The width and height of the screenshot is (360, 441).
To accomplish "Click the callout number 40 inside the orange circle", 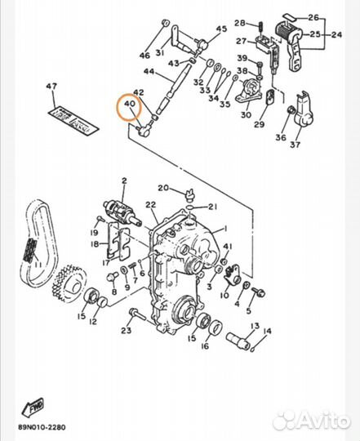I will (x=129, y=105).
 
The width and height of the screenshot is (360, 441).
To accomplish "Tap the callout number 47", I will (x=51, y=87).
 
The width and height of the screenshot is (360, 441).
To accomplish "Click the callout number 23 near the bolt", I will (x=125, y=330).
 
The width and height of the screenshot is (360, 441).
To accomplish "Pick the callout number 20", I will (x=163, y=188).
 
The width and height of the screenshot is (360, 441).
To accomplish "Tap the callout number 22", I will (x=150, y=204).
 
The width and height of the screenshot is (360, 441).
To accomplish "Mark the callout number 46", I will (x=144, y=56).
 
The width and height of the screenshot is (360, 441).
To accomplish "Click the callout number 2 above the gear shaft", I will (x=124, y=180).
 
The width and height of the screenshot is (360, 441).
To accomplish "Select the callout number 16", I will (x=203, y=345).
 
